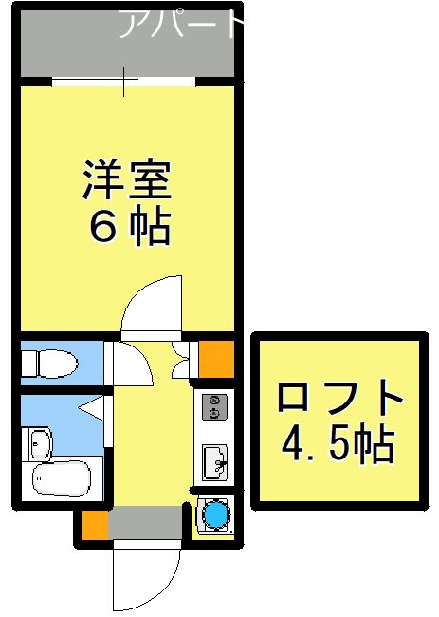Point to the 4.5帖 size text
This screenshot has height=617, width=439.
pyautogui.click(x=338, y=442)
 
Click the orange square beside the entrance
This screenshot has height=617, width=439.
pyautogui.click(x=94, y=524)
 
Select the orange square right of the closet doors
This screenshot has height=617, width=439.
pyautogui.click(x=215, y=356)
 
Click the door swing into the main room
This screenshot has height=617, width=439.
pyautogui.click(x=152, y=306)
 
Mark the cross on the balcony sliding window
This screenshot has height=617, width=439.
pyautogui.click(x=125, y=82)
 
